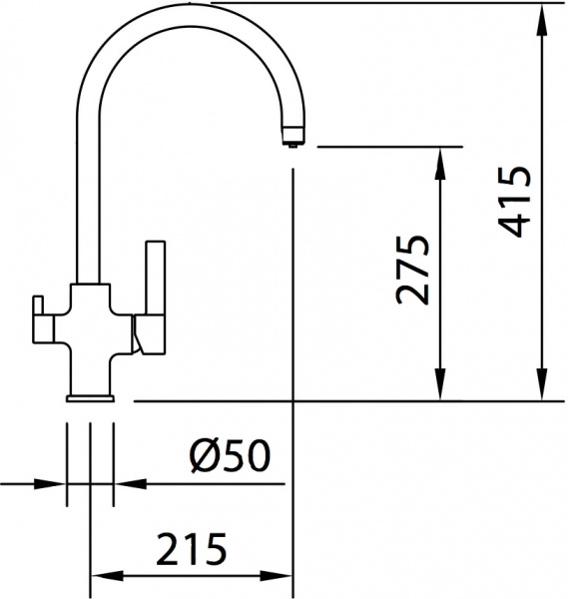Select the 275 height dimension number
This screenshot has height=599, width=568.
(413, 270)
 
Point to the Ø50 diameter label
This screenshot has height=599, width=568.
(231, 457)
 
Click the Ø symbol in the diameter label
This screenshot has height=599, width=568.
(204, 457)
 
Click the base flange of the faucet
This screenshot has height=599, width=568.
(91, 398)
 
